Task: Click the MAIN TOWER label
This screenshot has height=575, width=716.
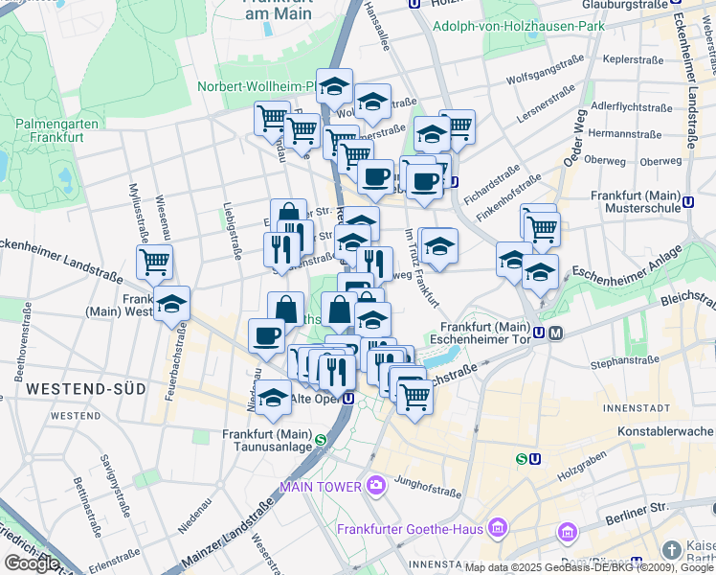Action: [321, 487]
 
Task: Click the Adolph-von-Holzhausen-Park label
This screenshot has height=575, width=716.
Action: [518, 26]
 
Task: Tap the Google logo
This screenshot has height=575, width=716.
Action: [32, 563]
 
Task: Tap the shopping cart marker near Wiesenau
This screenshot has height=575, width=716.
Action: [154, 261]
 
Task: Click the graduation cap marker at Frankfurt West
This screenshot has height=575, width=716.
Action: [172, 304]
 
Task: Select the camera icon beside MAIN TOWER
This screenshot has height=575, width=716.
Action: [375, 486]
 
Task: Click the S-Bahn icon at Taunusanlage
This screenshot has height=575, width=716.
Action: [321, 440]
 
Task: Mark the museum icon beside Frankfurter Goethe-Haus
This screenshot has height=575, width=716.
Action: [497, 528]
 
